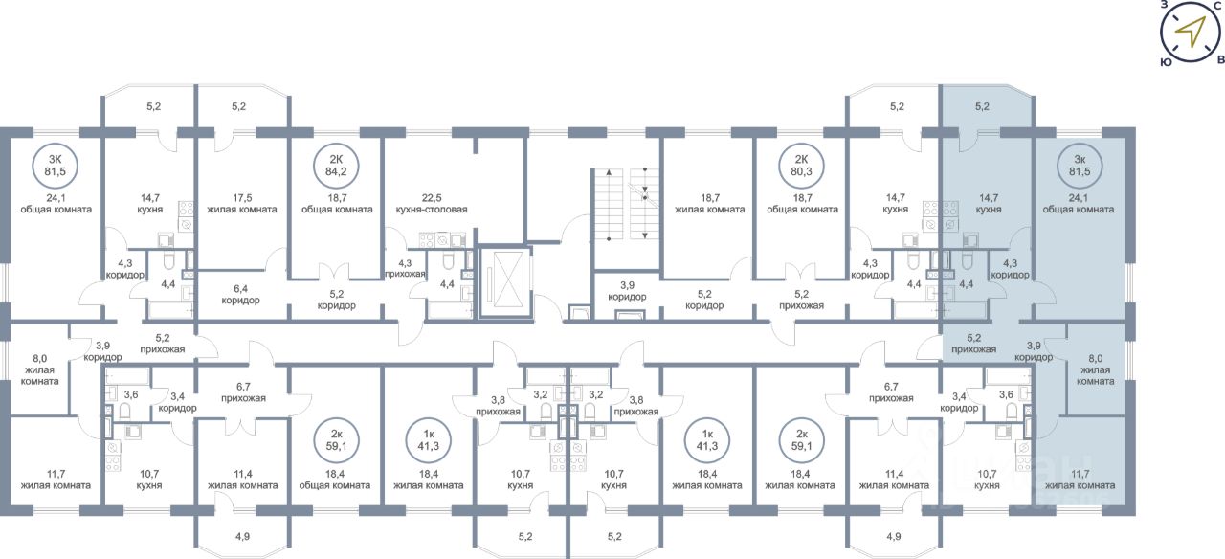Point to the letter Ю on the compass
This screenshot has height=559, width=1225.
[x=1166, y=60]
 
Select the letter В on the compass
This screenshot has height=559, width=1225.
[x=1219, y=59]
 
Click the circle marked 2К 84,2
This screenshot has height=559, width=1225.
[x=336, y=165]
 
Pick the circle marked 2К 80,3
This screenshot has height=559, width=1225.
[x=799, y=165]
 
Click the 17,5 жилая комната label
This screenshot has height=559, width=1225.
[x=242, y=203]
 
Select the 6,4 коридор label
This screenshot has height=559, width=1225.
[x=240, y=294]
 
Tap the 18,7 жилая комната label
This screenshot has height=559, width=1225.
[x=709, y=203]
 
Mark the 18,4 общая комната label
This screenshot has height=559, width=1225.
[x=336, y=480]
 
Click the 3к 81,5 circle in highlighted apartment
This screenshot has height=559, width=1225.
[x=1079, y=165]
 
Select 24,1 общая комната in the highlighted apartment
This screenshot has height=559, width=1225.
[x=1079, y=203]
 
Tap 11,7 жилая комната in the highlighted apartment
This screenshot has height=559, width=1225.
[x=1080, y=480]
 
